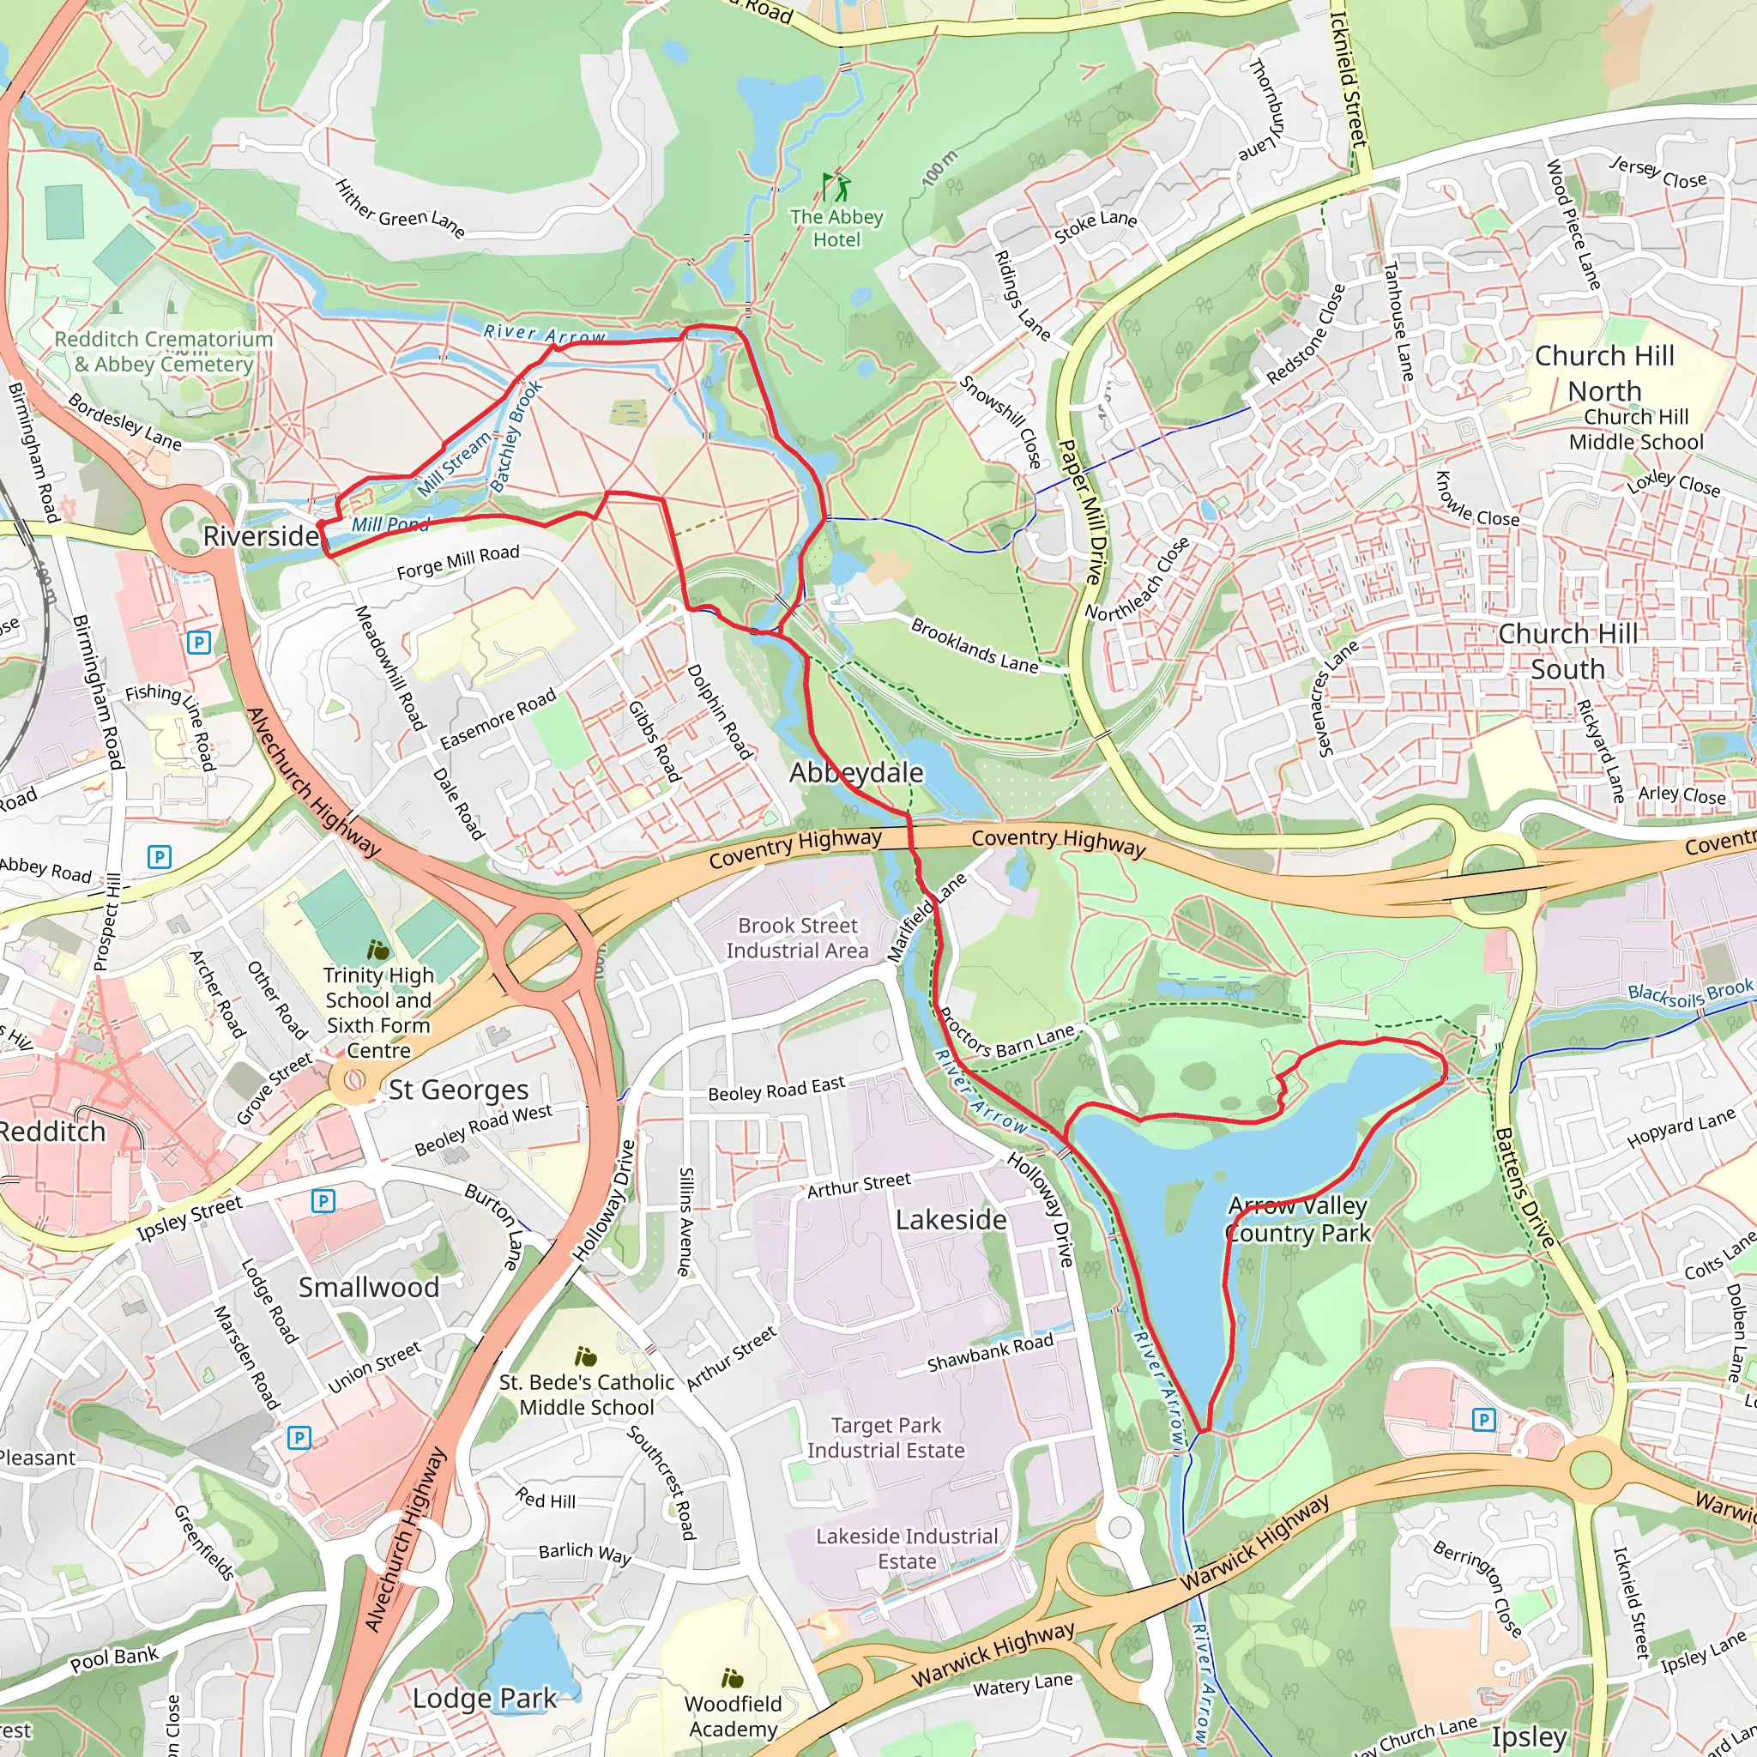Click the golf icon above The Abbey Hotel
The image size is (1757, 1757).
pyautogui.click(x=836, y=186)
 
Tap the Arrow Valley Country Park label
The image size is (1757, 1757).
pyautogui.click(x=1298, y=1220)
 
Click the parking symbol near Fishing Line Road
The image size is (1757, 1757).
pyautogui.click(x=198, y=643)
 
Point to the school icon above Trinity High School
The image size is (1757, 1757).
pyautogui.click(x=378, y=951)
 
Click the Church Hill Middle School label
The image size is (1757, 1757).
pyautogui.click(x=1636, y=429)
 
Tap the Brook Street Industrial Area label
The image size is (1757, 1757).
pyautogui.click(x=798, y=938)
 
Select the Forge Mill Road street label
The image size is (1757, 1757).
pyautogui.click(x=457, y=562)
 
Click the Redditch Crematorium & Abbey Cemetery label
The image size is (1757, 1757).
pyautogui.click(x=164, y=352)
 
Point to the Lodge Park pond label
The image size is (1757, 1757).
pyautogui.click(x=484, y=1698)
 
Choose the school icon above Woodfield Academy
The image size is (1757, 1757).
pyautogui.click(x=732, y=1678)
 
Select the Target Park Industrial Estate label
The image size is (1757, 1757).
pyautogui.click(x=885, y=1438)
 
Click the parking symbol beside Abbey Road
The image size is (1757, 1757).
pyautogui.click(x=160, y=857)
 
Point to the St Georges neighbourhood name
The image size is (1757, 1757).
pyautogui.click(x=458, y=1090)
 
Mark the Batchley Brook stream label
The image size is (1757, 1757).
pyautogui.click(x=516, y=437)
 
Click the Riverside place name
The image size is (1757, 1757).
pyautogui.click(x=260, y=535)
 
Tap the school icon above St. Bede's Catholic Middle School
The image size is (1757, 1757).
pyautogui.click(x=587, y=1359)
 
